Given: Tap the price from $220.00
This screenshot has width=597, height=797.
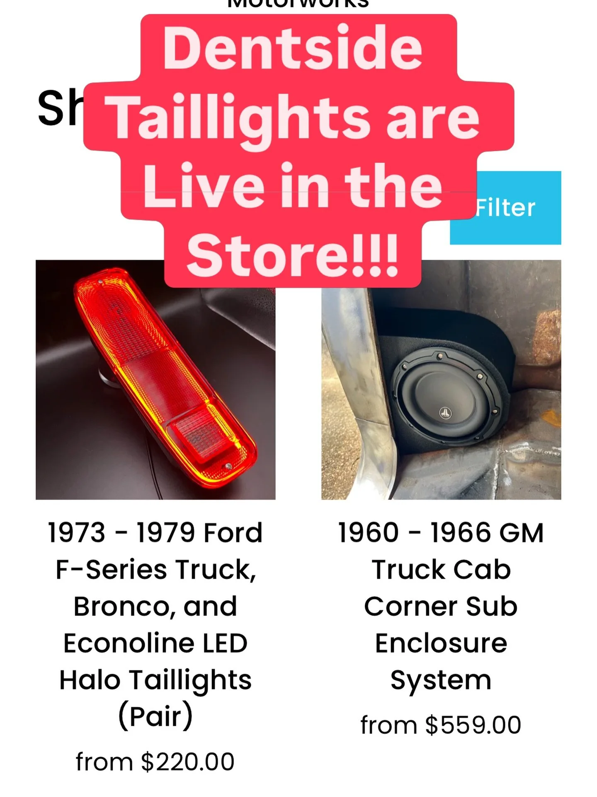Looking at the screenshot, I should click(x=155, y=762).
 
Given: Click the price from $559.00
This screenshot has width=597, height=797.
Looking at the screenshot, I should click(x=441, y=725).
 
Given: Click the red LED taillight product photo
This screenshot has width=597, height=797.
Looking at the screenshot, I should click(x=155, y=379).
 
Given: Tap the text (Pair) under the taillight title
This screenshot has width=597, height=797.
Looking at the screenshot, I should click(x=155, y=716).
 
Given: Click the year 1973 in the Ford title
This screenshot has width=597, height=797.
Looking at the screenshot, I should click(x=77, y=533).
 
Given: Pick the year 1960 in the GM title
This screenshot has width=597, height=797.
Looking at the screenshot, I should click(x=368, y=533).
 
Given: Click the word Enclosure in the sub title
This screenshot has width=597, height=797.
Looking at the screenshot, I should click(x=441, y=643).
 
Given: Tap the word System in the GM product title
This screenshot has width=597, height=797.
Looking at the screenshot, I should click(x=441, y=681).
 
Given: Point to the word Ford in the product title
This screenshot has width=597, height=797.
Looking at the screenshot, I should click(x=233, y=533).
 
